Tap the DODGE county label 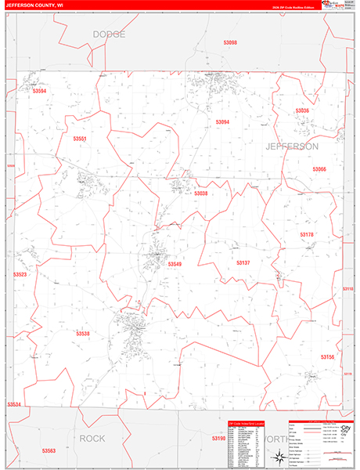point(109,34)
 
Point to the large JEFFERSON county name point(291,146)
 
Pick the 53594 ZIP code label point(39,92)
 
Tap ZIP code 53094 point(222,122)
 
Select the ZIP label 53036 point(302,111)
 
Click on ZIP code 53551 point(79,139)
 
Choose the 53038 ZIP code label point(201,193)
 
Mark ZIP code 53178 point(306,234)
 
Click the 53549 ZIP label point(175,264)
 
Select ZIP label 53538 point(83,334)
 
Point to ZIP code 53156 point(327,357)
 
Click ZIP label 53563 point(49,451)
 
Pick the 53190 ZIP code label point(218,439)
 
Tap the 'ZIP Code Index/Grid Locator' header point(246,423)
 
